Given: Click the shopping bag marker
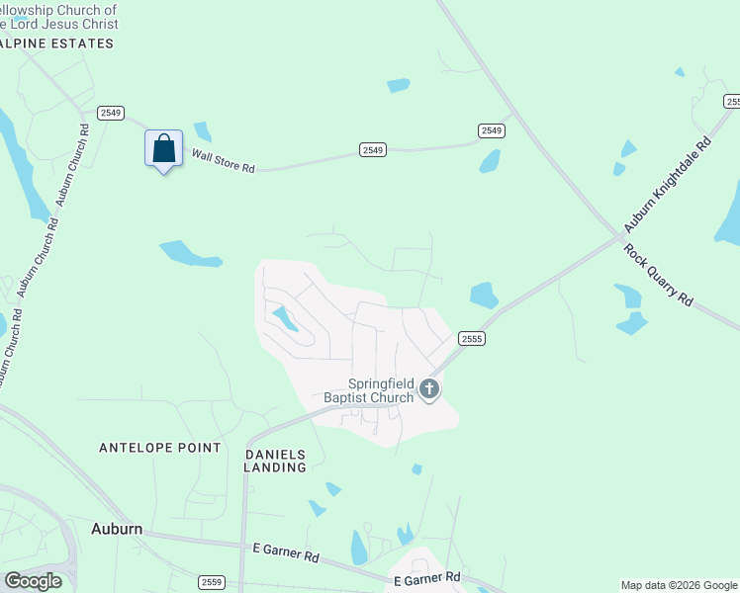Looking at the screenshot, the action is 163,149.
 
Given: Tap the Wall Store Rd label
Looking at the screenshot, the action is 223,161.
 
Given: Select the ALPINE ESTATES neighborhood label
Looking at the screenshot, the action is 57,43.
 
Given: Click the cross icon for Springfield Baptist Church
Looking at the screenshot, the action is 428,389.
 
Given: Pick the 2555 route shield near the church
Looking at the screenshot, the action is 471,338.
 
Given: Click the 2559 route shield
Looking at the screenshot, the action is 211,582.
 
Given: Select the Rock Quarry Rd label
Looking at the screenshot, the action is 659,273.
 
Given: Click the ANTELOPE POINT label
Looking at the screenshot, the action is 160,448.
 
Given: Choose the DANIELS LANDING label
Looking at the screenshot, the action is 275,461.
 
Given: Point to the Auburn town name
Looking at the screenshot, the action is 117,529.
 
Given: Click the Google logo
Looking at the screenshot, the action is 33,580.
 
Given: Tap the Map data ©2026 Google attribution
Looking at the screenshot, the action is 679,585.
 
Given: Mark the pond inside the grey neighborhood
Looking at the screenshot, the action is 285,318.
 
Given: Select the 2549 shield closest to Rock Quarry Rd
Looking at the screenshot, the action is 491,130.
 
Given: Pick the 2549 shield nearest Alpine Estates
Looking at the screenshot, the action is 110,113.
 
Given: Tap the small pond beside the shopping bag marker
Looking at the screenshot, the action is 203,131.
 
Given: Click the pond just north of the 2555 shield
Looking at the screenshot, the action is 484,295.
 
